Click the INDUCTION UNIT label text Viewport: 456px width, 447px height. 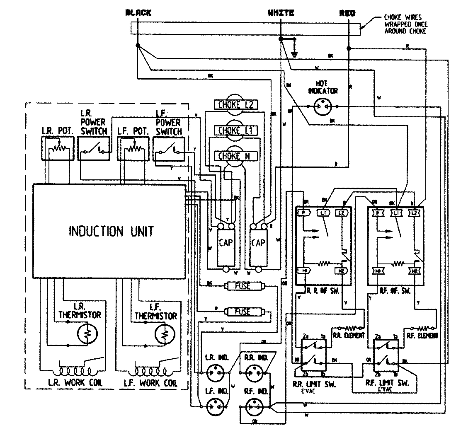[111, 231]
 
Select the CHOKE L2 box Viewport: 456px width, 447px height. [235, 105]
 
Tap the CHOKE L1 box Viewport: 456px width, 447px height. [235, 131]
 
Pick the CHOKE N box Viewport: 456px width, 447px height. [235, 156]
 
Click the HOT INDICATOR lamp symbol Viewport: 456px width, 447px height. [323, 106]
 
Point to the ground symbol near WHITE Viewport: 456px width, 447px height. [295, 53]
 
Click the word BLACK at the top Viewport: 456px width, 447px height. [138, 13]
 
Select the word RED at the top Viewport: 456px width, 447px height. [347, 13]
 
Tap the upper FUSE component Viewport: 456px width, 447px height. [243, 286]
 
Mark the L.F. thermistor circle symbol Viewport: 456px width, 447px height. [163, 334]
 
